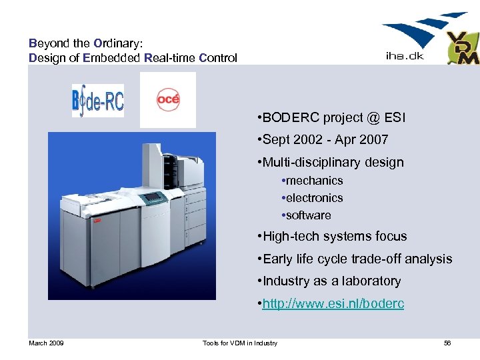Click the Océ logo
[168, 100]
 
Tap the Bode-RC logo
[98, 100]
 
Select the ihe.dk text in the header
[405, 57]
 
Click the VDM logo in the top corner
[462, 48]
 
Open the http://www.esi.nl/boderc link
[333, 304]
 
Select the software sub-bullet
[309, 215]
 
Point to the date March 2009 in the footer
[46, 343]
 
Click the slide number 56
[447, 343]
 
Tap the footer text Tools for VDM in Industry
[240, 343]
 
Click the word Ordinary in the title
[117, 43]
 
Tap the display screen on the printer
[154, 197]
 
